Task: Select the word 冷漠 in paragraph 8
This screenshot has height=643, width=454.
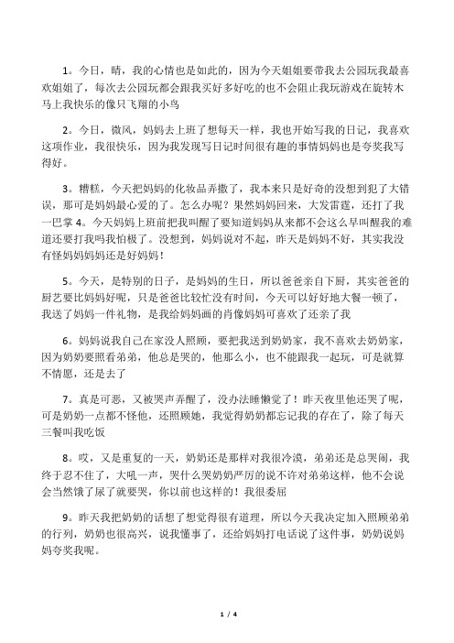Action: (x=307, y=483)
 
